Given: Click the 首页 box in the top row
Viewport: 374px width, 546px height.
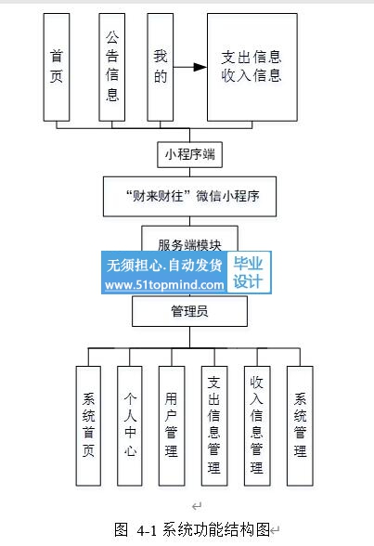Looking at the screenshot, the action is (57, 67).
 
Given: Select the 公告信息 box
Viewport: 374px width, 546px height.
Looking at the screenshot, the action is (111, 67).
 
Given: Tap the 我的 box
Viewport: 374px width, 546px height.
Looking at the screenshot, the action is (160, 67).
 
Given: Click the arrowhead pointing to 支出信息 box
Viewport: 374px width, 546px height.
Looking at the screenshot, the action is (200, 67).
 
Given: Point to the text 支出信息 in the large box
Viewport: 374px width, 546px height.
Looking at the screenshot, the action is (251, 58).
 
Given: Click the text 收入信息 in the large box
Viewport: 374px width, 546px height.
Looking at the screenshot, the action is (251, 75).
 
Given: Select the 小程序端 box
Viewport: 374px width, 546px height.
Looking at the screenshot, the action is (189, 154).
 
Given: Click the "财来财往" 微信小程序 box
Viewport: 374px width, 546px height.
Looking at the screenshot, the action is (189, 197).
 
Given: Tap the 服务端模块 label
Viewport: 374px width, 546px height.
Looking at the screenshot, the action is (189, 245).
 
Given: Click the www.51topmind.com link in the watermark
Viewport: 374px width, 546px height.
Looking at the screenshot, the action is (164, 285).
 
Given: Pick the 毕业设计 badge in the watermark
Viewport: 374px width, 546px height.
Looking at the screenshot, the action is (249, 273).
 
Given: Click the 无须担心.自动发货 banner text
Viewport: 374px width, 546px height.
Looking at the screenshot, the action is (164, 266).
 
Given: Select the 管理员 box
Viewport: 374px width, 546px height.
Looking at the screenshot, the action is (189, 311).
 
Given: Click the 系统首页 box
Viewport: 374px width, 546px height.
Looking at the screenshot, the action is (88, 425).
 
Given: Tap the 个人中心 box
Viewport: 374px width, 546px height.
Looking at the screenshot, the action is (130, 425).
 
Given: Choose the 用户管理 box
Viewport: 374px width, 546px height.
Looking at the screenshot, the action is (172, 425).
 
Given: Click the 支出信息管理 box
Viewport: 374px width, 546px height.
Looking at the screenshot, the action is (214, 425).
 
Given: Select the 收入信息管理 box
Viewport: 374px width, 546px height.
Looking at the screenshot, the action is (257, 425).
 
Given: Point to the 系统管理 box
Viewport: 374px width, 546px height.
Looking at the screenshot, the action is (300, 425).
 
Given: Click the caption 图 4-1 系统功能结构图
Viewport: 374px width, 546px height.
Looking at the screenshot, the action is (192, 529).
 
